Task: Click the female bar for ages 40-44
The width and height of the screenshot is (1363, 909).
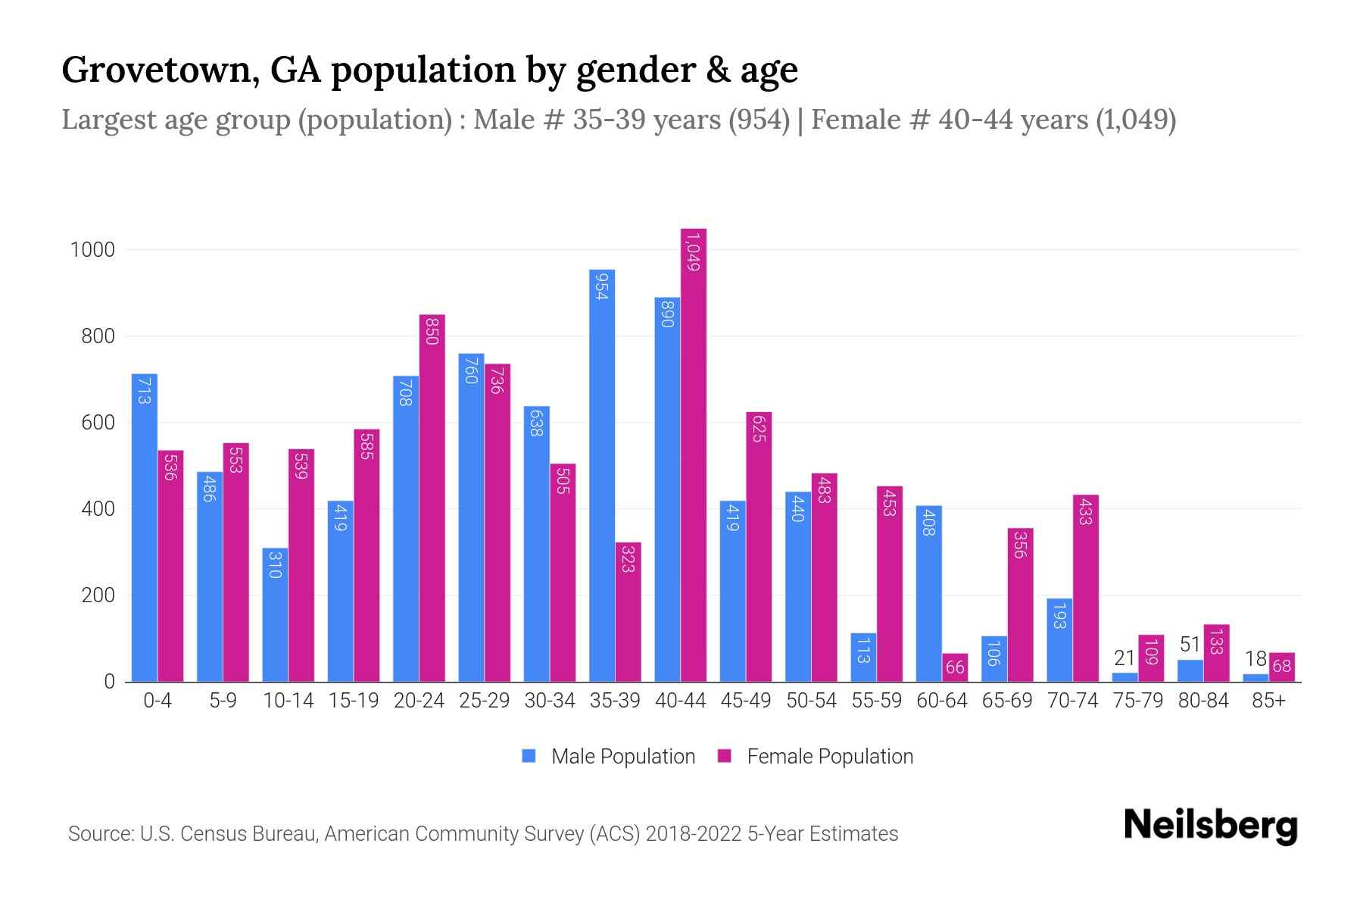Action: coord(693,454)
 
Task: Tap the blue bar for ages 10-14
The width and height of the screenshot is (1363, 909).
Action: coord(275,614)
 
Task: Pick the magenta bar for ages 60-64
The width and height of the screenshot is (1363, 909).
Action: coord(955,667)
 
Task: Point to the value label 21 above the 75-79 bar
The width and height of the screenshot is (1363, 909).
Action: coord(1124,658)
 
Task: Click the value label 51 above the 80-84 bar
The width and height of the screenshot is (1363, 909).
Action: coord(1190,645)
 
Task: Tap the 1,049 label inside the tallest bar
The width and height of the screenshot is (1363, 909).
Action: coord(693,251)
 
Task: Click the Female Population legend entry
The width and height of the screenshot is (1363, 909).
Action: coord(816,757)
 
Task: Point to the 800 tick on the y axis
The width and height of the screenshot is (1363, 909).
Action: coord(98,336)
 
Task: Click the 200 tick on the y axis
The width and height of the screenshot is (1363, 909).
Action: coord(98,595)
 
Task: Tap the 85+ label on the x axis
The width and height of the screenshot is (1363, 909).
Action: coord(1268,701)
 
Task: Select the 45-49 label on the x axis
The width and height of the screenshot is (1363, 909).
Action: coord(746,701)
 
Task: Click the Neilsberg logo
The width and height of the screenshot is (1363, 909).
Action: coord(1210,826)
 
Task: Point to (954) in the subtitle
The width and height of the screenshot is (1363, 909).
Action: coord(759,120)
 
